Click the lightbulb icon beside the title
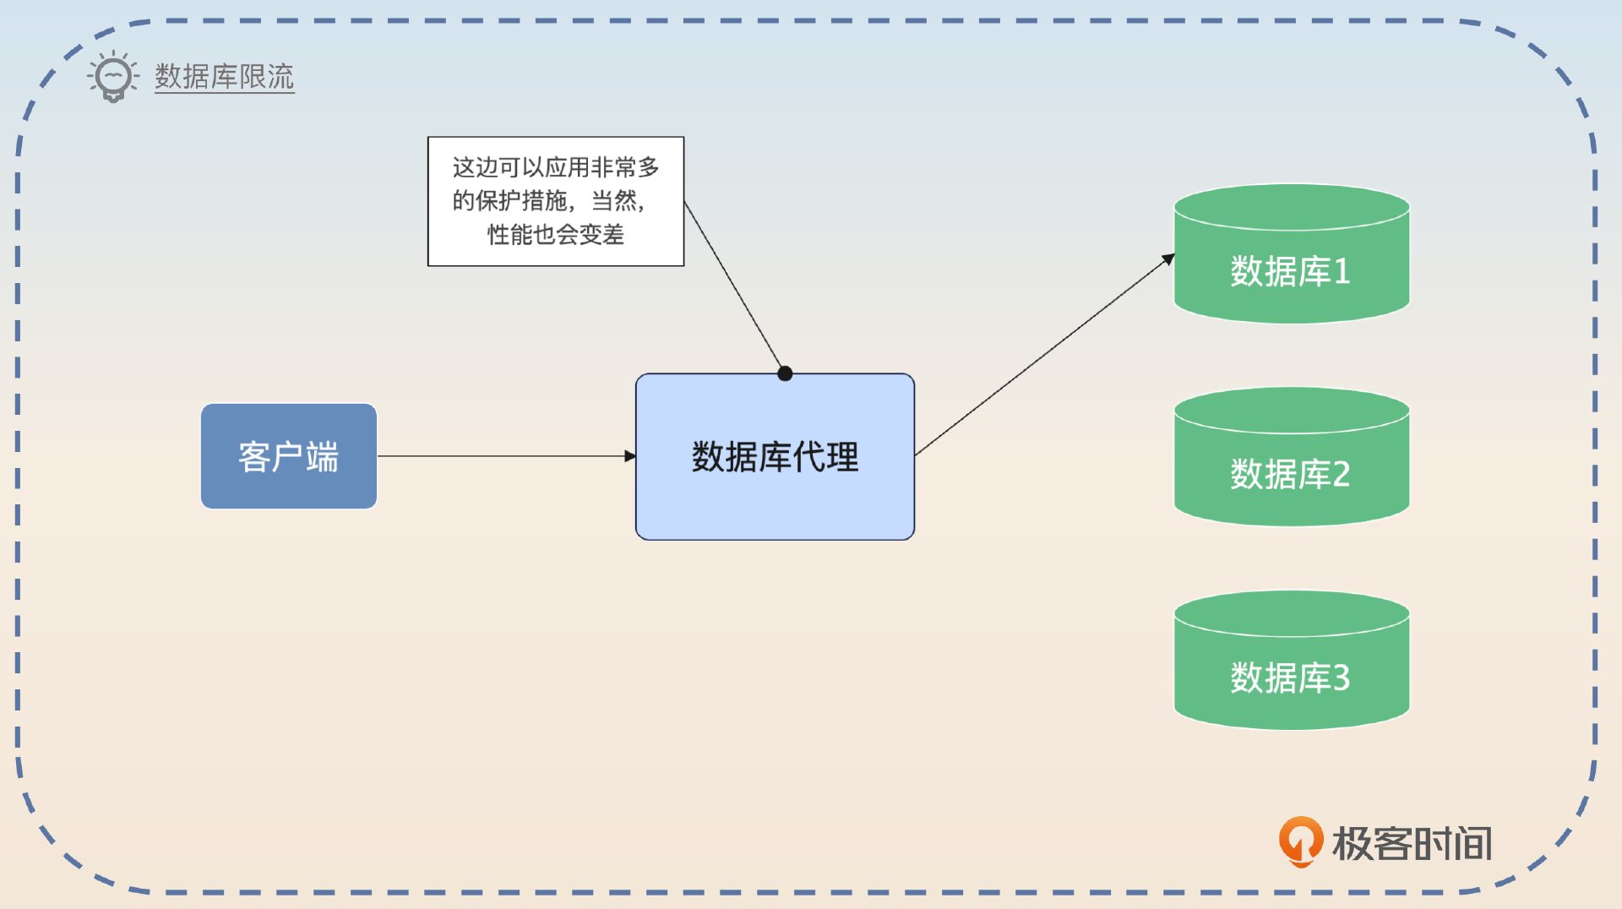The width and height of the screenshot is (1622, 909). pos(113,77)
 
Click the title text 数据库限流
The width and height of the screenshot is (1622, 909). pos(224,77)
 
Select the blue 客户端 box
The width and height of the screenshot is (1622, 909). pos(288,456)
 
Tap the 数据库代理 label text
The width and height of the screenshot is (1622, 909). pos(775,457)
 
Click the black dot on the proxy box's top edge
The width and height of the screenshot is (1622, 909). pos(785,373)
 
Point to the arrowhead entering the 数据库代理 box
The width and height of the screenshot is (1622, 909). pos(630,456)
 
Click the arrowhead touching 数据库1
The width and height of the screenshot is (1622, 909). pos(1168,259)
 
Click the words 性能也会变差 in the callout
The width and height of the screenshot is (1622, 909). pos(555,234)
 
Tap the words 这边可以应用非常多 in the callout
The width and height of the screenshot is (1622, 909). pos(555,167)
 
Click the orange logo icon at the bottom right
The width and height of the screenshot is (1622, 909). pos(1300,841)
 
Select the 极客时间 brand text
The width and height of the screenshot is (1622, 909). pos(1412,843)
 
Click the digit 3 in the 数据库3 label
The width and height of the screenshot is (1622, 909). pos(1341,678)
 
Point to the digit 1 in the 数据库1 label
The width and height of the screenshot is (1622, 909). pos(1342,272)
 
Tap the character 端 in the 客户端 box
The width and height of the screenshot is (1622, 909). pos(322,457)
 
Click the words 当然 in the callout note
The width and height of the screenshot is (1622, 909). pos(613,201)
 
